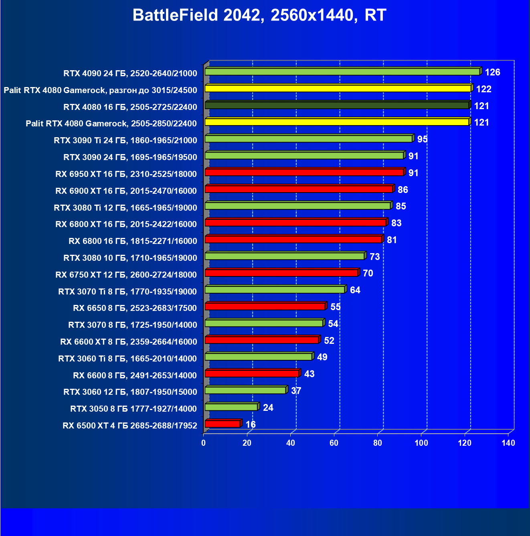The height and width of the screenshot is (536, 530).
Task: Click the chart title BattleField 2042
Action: click(x=259, y=15)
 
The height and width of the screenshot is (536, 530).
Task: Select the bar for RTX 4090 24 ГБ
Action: click(x=342, y=72)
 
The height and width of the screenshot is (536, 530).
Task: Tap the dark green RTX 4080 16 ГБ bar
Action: click(x=337, y=106)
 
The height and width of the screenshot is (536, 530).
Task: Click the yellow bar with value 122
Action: click(x=338, y=89)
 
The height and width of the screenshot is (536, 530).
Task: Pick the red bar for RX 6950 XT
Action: click(x=304, y=173)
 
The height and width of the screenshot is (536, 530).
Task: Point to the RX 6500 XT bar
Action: click(x=223, y=424)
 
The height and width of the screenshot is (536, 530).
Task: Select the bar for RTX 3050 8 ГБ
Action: click(x=231, y=407)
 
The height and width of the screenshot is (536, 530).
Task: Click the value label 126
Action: click(x=492, y=72)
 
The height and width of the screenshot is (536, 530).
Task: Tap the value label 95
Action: click(x=422, y=139)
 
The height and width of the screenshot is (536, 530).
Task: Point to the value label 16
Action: click(x=251, y=424)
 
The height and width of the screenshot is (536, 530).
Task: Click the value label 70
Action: click(x=368, y=273)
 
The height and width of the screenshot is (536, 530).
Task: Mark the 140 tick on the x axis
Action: click(x=508, y=443)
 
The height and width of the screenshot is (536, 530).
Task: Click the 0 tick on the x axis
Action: click(x=204, y=443)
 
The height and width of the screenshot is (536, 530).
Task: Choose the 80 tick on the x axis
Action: click(x=378, y=443)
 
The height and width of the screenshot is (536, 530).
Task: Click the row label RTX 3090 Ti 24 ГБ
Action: click(x=125, y=140)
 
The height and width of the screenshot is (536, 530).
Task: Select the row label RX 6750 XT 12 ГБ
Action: click(x=126, y=275)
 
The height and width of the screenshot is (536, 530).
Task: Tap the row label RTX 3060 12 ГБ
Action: click(x=130, y=392)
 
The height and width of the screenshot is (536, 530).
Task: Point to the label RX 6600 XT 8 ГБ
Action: click(x=129, y=342)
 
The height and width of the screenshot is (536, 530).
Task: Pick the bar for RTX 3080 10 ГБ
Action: click(x=285, y=256)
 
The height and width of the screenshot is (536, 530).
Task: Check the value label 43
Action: click(x=309, y=374)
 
